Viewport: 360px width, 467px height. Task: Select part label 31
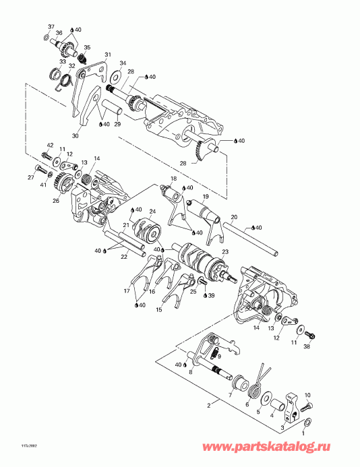[107, 55]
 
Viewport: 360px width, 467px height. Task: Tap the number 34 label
[122, 63]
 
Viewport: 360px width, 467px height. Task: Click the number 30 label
[75, 135]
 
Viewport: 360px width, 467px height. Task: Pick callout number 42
[50, 146]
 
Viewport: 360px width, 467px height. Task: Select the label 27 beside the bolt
[30, 178]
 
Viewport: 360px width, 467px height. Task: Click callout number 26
[55, 200]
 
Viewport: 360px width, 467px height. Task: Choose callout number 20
[233, 217]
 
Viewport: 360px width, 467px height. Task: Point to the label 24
[152, 212]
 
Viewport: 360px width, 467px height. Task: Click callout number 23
[225, 251]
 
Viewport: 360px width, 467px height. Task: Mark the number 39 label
[212, 295]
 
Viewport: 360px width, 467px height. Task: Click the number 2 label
[208, 406]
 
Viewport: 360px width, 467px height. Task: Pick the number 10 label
[307, 395]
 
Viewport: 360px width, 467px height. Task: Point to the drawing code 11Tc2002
[13, 445]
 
